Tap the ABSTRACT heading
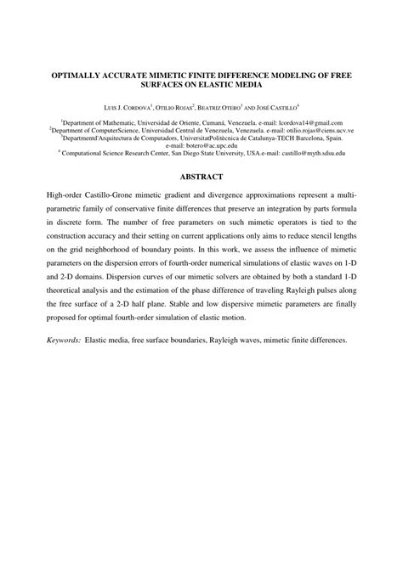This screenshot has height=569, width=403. pos(201,177)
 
